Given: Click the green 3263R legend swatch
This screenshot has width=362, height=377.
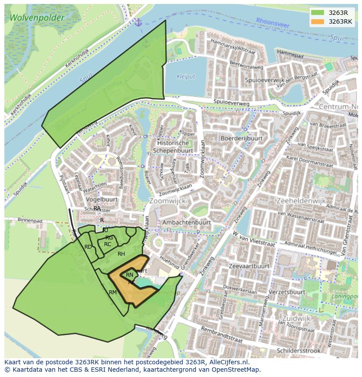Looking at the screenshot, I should [x=318, y=13].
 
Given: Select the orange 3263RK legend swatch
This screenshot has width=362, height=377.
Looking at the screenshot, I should [x=318, y=21].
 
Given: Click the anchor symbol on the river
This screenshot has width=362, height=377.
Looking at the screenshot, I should [x=139, y=22].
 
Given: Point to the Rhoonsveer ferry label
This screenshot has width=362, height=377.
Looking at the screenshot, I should [x=273, y=23].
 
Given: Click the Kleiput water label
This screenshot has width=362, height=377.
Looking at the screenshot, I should [x=185, y=77].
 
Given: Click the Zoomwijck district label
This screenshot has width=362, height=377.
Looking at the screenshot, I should [x=167, y=201].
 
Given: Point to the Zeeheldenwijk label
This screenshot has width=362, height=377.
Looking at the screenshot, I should [x=301, y=201].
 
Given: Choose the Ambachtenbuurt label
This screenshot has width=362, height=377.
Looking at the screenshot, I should [x=186, y=222].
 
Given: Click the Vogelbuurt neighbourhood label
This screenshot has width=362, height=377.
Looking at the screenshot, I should [x=102, y=199].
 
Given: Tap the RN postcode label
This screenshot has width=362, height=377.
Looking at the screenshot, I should [x=129, y=275].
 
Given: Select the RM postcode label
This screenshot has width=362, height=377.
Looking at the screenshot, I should [x=113, y=292].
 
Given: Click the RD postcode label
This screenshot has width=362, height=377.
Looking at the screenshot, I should [x=88, y=247].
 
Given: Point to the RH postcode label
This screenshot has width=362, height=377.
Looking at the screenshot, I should [x=121, y=254].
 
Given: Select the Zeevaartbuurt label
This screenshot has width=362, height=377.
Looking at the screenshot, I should [x=249, y=266].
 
